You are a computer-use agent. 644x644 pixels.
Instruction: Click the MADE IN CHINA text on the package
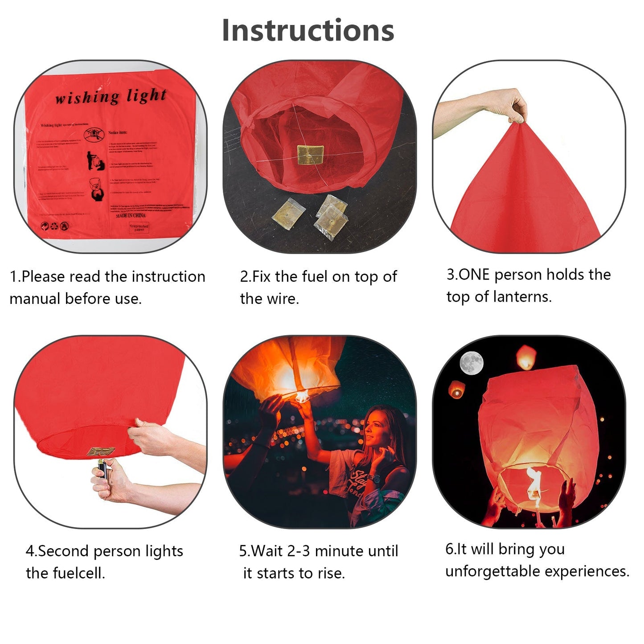[x=131, y=215]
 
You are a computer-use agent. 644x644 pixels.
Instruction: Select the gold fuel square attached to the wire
[x=311, y=154]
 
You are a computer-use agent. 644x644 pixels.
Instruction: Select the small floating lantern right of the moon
[x=526, y=357]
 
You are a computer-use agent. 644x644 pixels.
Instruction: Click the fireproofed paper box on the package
[x=139, y=228]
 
